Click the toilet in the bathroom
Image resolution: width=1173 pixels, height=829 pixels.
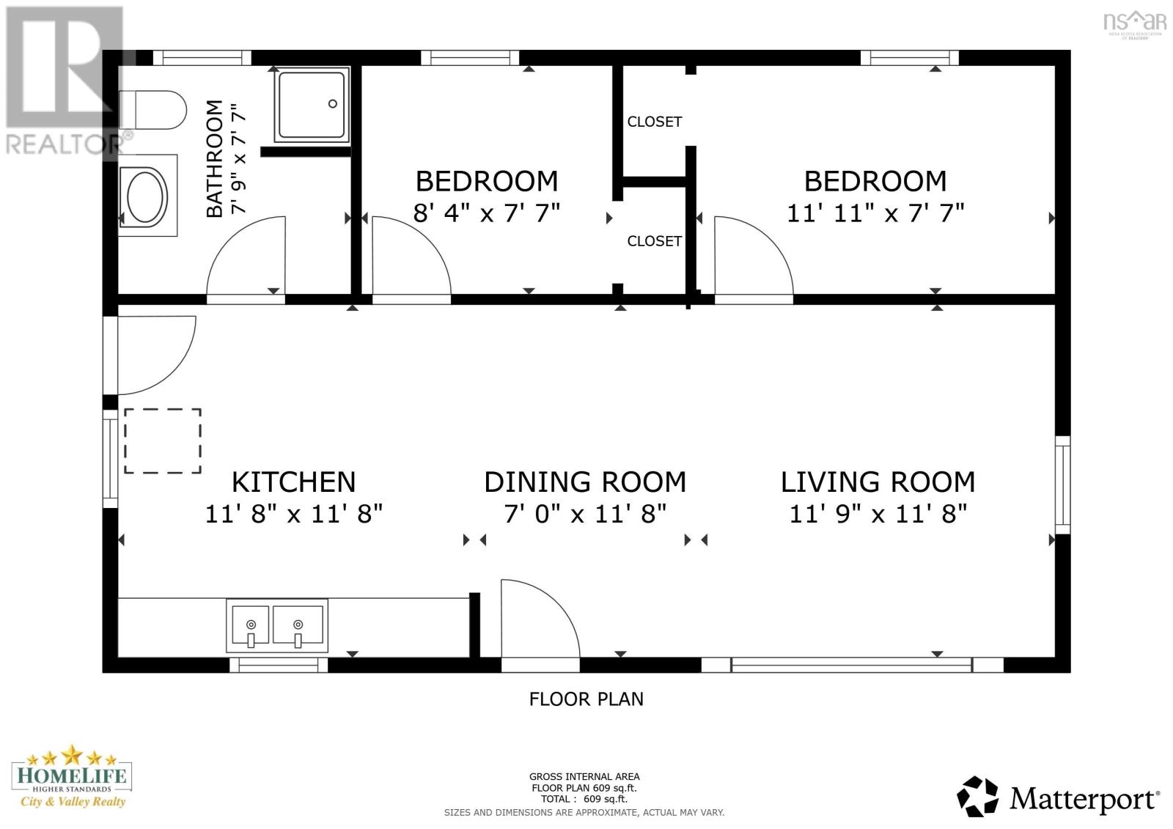(152, 110)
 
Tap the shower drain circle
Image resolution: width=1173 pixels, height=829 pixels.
(333, 103)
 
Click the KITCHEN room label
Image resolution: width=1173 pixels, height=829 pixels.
(294, 482)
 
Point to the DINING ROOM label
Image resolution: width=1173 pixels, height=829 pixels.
(585, 482)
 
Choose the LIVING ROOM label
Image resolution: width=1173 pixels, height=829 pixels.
(878, 482)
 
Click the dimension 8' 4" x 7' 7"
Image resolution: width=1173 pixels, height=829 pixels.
(487, 213)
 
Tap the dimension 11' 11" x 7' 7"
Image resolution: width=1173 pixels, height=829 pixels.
(875, 213)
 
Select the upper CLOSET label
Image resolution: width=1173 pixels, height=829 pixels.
(655, 122)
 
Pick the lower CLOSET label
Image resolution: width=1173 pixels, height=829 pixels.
(655, 241)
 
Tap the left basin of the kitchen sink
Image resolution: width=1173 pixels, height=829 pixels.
(250, 624)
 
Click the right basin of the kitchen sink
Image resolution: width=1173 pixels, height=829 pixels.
(298, 624)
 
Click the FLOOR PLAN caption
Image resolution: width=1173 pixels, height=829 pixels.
(586, 699)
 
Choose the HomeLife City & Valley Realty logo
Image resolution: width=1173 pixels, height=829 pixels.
(72, 777)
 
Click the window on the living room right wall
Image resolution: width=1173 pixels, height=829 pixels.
(1062, 484)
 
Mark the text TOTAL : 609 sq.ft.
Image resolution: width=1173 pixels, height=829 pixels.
(584, 799)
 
